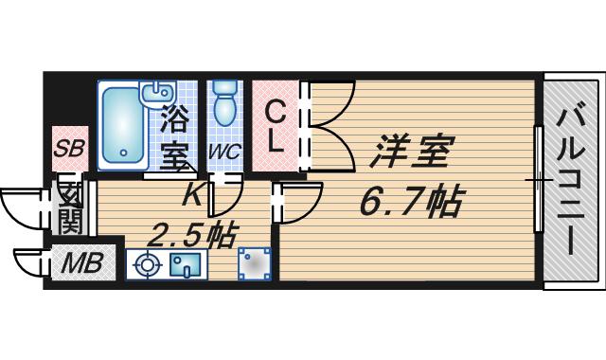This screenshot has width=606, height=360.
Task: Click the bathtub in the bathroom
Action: point(123,126)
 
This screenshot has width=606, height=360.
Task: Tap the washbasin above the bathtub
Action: point(159,93)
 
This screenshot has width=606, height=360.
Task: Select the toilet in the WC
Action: point(224,102)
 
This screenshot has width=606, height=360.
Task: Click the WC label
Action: point(225,152)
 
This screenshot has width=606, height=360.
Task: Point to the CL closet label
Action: point(276,129)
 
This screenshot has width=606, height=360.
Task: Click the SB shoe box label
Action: point(69,148)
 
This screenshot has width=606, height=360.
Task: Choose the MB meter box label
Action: point(82,262)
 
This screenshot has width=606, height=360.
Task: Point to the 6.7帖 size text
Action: point(410,202)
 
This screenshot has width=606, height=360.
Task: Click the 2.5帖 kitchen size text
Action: point(191,236)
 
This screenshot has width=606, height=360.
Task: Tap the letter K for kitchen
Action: point(192,194)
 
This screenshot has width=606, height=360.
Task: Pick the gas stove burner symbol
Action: point(147,265)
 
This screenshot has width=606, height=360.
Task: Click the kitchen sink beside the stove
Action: point(186,264)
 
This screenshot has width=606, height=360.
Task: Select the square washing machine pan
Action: point(255,263)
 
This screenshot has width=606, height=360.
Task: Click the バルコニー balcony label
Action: point(571,182)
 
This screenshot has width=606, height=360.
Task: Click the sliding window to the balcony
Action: point(539,179)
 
